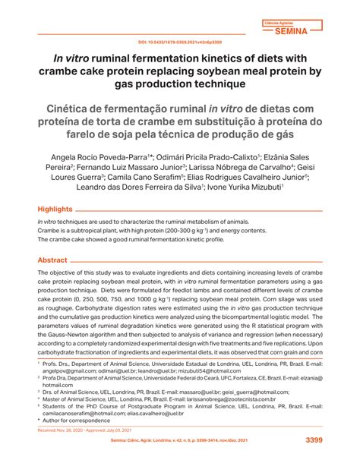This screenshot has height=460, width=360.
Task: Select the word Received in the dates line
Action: [x=50, y=430]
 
